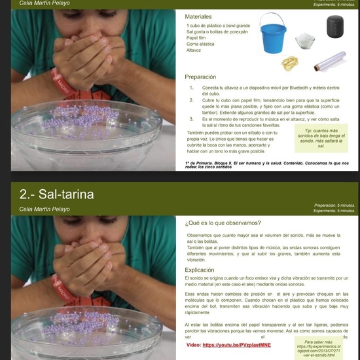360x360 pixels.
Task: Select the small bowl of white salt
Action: pyautogui.click(x=306, y=42)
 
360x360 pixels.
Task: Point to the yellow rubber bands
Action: pyautogui.click(x=291, y=63)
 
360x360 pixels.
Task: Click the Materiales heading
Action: pyautogui.click(x=198, y=16)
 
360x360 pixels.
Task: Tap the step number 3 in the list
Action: pyautogui.click(x=190, y=120)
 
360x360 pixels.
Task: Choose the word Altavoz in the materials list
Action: pyautogui.click(x=194, y=50)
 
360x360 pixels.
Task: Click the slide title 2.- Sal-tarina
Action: pyautogui.click(x=56, y=194)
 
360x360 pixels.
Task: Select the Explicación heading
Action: pyautogui.click(x=200, y=270)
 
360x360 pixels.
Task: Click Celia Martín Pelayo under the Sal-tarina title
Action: pyautogui.click(x=45, y=209)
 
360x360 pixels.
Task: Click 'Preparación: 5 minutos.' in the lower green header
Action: pyautogui.click(x=334, y=205)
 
